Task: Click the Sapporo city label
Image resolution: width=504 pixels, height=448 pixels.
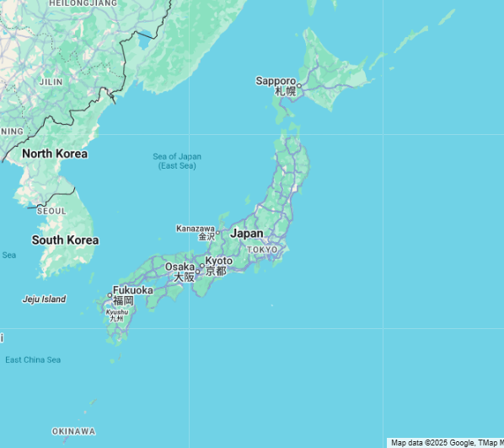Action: pos(276,81)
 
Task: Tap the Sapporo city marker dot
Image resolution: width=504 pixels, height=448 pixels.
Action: pos(298,85)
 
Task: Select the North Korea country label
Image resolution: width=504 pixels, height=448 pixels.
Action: pos(55,154)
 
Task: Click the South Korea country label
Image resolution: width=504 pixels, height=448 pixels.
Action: pos(65,240)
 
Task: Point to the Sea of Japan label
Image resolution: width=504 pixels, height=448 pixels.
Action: pos(177,157)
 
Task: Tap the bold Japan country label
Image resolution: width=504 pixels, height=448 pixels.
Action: pos(247,233)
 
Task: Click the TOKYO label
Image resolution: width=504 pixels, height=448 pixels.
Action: pos(262,250)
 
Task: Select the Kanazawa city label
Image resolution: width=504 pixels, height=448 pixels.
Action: pos(196,229)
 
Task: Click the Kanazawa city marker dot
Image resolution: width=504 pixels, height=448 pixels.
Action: pos(217,232)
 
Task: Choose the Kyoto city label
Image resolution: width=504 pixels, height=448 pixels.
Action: pos(218,262)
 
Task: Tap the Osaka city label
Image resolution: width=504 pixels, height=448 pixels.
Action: pos(180,267)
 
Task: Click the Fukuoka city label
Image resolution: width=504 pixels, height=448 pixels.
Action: pos(132,290)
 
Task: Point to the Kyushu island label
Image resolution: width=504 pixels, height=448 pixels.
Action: pos(116,311)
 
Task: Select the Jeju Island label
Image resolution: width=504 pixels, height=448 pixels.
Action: pos(44,299)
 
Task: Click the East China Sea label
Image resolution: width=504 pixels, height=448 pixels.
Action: pos(33,360)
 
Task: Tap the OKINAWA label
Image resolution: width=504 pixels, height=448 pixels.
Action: pos(73,431)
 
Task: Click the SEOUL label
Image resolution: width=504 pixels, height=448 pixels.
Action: pos(51,211)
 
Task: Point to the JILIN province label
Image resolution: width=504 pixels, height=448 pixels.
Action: pos(51,82)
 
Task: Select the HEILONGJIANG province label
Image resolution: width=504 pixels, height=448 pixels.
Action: pos(83,4)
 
